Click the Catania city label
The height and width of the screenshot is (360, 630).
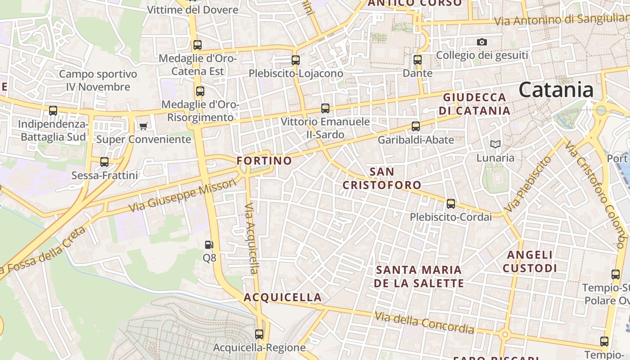tap(556, 90)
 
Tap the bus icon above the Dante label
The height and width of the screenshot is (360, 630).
tap(418, 59)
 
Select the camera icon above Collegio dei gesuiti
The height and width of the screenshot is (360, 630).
tap(482, 42)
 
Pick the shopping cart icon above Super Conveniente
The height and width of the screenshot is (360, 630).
tap(144, 126)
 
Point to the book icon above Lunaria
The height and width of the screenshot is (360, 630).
tap(495, 144)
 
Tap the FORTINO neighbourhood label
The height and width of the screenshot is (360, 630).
tap(264, 161)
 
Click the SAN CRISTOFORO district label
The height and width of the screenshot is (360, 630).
tap(382, 178)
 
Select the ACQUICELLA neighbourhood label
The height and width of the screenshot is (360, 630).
tap(283, 297)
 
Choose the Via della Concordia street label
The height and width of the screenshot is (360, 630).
tap(424, 323)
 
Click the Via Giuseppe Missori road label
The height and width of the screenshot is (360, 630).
tap(182, 196)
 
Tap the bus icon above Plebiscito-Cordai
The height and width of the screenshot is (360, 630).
tap(451, 203)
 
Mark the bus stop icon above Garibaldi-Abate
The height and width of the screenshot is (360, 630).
tap(416, 126)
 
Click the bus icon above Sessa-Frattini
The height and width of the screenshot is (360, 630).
tap(104, 162)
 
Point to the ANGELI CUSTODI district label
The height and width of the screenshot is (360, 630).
tap(530, 261)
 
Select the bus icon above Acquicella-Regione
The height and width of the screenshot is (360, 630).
tap(259, 334)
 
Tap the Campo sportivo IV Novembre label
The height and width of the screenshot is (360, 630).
tap(98, 80)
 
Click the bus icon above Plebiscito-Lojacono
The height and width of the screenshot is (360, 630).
tap(296, 60)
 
